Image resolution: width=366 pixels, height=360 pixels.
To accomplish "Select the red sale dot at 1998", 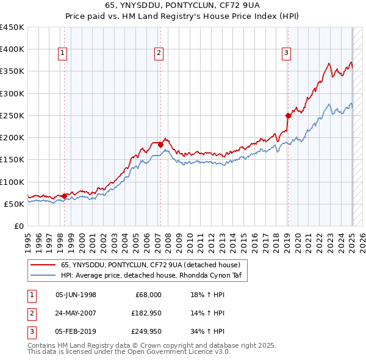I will (65, 196).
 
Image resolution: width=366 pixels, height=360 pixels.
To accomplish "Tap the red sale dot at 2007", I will (160, 145).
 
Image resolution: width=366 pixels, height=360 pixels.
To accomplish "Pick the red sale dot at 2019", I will (288, 115).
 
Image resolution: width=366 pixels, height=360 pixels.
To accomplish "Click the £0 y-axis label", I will (20, 226).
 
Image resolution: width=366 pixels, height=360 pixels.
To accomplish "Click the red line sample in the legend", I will (43, 265).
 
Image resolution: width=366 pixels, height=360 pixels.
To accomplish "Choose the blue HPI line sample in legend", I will (43, 275).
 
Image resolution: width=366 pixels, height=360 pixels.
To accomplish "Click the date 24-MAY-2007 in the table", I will (76, 313).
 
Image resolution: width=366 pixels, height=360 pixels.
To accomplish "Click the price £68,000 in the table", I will (148, 295).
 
